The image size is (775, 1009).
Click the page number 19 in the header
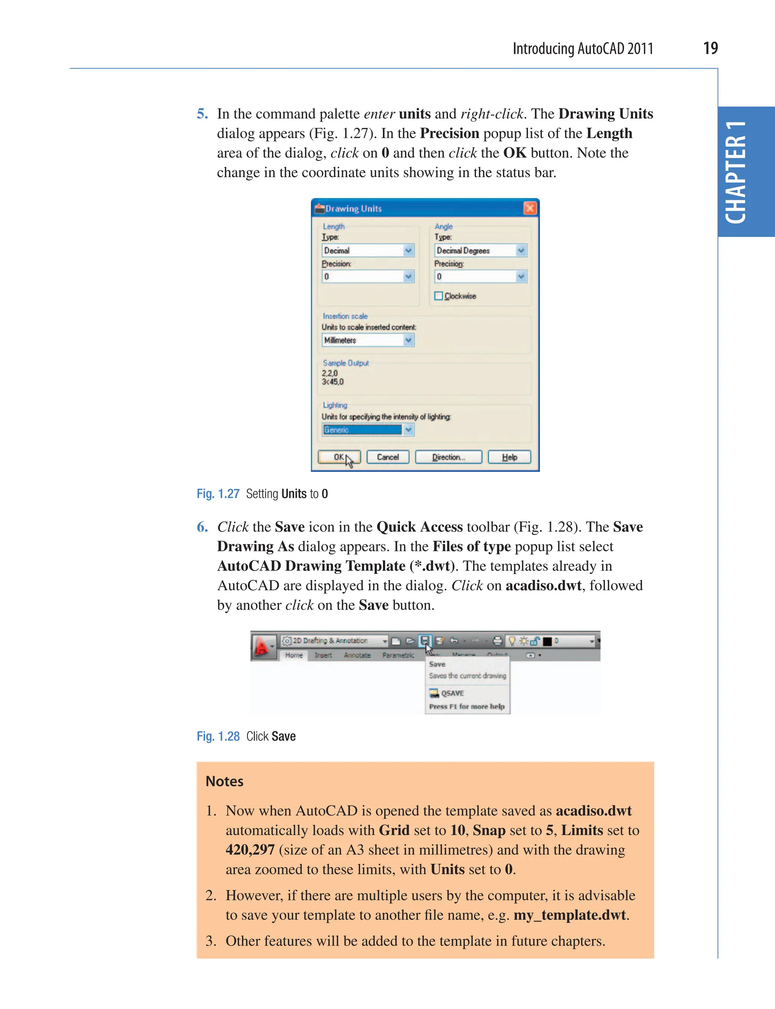tap(710, 48)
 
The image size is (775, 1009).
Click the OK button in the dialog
tap(339, 457)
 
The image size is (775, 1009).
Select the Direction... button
tap(448, 457)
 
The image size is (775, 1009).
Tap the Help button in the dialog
tap(509, 457)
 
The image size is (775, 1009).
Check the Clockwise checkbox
tap(439, 296)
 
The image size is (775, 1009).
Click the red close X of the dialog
tap(530, 208)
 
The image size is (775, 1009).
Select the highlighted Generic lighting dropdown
tap(368, 430)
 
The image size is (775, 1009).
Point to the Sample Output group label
tap(345, 363)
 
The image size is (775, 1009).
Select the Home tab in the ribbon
tap(294, 655)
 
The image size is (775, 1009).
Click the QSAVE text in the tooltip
tap(452, 693)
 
